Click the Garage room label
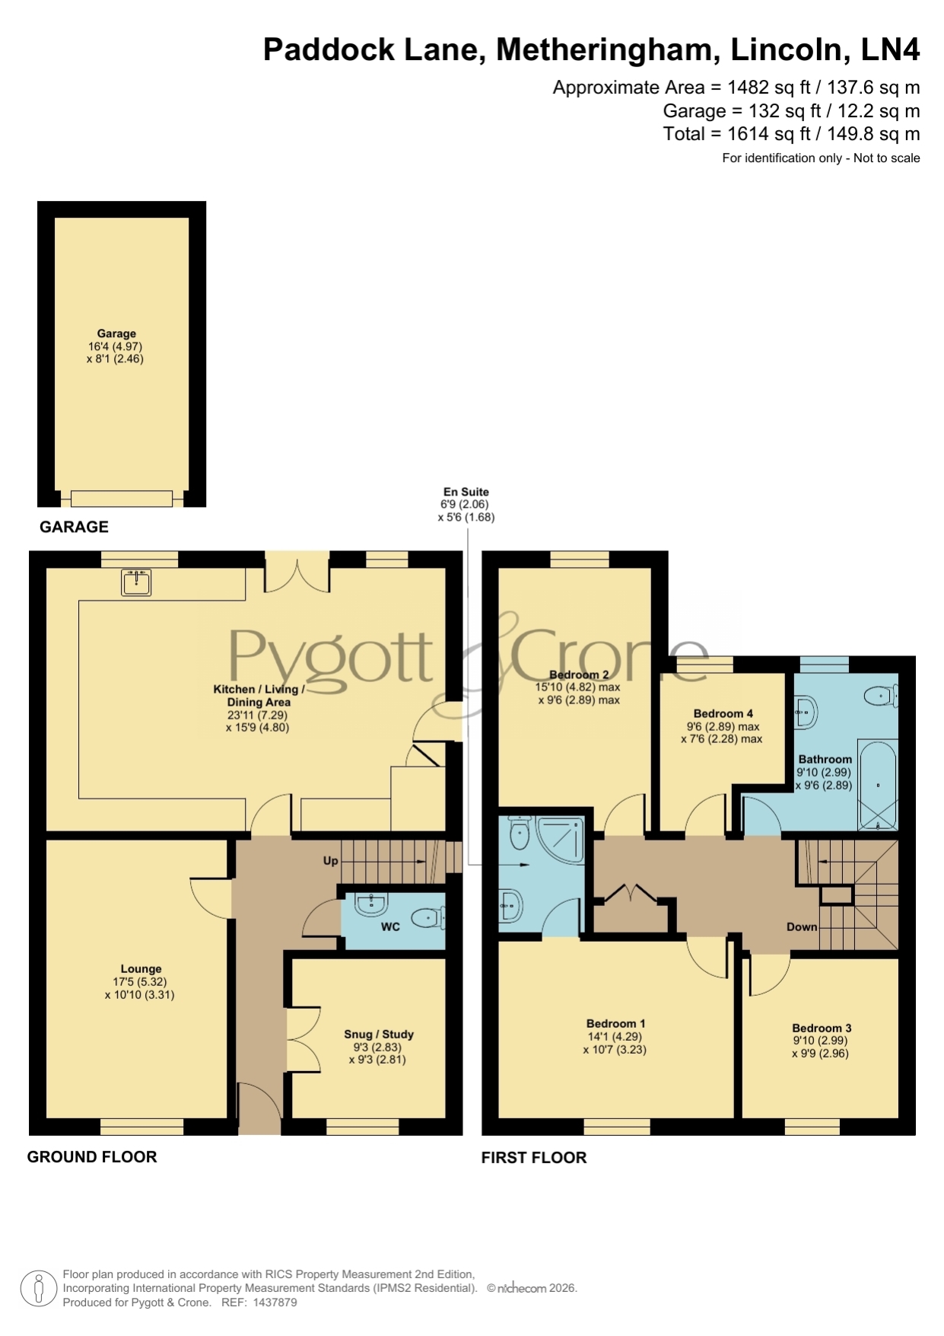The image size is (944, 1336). (x=116, y=333)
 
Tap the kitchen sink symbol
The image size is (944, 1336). (x=136, y=582)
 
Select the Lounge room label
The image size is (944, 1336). (x=141, y=969)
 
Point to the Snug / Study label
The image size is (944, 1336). (x=379, y=1034)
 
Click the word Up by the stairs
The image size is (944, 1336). (x=331, y=861)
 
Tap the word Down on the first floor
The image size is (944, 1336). (x=802, y=926)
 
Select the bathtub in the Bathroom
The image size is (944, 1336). (x=878, y=784)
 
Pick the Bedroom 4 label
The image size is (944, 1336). (x=723, y=713)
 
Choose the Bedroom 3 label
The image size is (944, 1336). (x=822, y=1028)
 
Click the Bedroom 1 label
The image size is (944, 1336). (x=615, y=1024)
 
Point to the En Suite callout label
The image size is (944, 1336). (x=466, y=492)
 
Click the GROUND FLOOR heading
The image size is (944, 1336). (x=92, y=1157)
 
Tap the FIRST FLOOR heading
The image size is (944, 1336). (x=534, y=1158)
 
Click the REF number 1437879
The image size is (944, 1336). (x=275, y=1303)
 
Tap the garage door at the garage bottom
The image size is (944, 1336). (x=122, y=499)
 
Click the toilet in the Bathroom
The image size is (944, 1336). (x=882, y=695)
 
